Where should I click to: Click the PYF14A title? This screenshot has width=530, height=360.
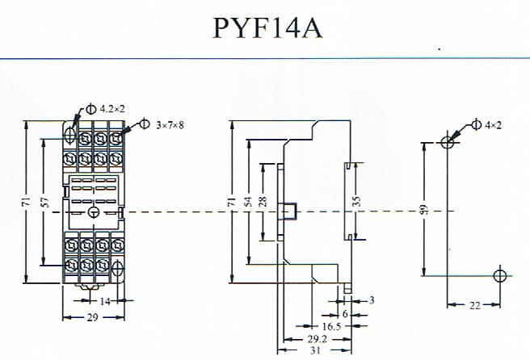point(267,28)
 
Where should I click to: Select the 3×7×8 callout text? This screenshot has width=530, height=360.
point(170,125)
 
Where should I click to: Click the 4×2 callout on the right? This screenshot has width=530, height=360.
point(493,125)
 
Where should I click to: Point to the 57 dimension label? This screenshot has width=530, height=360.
point(45,202)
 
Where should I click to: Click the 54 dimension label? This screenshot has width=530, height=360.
point(249,202)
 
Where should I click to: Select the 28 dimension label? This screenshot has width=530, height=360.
point(263,202)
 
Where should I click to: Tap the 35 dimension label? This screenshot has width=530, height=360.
point(356,201)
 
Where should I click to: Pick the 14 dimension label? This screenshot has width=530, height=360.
point(106,301)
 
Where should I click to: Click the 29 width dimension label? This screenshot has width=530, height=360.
point(92,317)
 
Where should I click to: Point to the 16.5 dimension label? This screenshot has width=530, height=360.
point(331,326)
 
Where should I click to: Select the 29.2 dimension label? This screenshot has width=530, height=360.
point(317,339)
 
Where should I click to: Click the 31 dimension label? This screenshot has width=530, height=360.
point(315,350)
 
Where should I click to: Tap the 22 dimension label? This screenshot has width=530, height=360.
point(474,305)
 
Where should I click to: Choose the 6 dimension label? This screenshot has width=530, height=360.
point(345,314)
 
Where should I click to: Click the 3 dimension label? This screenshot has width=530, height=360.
point(372,300)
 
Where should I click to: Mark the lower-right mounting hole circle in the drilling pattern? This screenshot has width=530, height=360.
point(500,275)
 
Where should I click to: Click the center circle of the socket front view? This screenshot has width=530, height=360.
point(93,212)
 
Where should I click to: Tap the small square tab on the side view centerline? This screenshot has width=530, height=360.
point(290,211)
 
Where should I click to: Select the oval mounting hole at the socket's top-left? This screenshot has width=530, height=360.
point(69,134)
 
